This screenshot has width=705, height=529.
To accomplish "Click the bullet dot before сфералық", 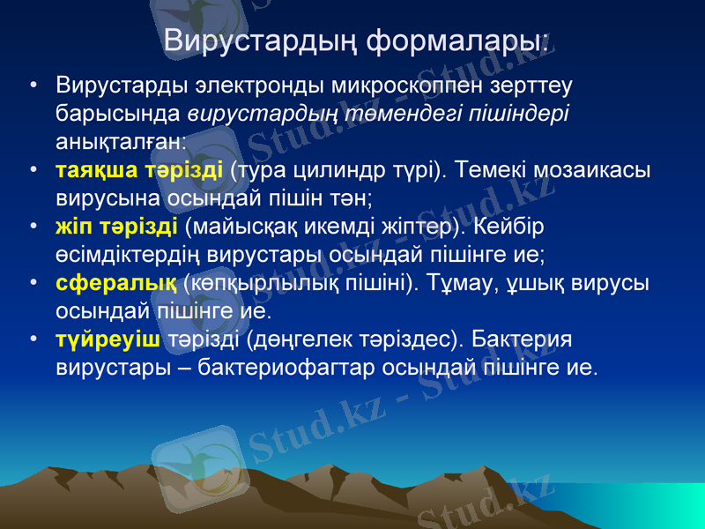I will click(x=33, y=283).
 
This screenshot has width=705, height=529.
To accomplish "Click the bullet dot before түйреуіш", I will click(x=33, y=339).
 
